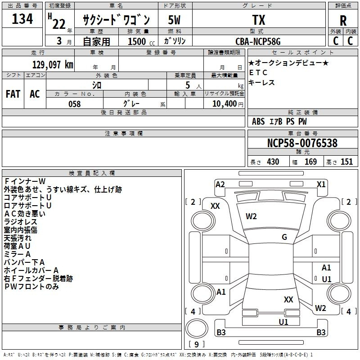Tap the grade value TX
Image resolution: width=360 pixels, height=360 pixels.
pos(258,20)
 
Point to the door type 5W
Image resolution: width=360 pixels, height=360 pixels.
pos(175,20)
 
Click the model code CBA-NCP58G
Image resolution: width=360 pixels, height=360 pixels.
pos(258,42)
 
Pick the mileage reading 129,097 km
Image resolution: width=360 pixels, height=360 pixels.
pos(53,65)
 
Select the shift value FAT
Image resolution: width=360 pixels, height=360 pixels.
pos(13,94)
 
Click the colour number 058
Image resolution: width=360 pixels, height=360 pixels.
pos(74,104)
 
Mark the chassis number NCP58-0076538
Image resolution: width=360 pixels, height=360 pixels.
pos(302,144)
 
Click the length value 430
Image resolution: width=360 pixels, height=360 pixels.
pos(273,162)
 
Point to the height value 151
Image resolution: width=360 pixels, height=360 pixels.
pos(346,162)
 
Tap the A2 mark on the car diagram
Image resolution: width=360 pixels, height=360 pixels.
pos(220,184)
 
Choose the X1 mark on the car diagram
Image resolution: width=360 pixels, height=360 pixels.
pos(321,184)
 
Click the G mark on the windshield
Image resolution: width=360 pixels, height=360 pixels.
pos(284,237)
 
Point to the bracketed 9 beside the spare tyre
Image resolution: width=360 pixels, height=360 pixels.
pos(196,345)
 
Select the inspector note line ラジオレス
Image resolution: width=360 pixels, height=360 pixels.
pos(20,222)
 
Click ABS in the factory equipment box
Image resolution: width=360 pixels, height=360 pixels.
pos(258,121)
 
